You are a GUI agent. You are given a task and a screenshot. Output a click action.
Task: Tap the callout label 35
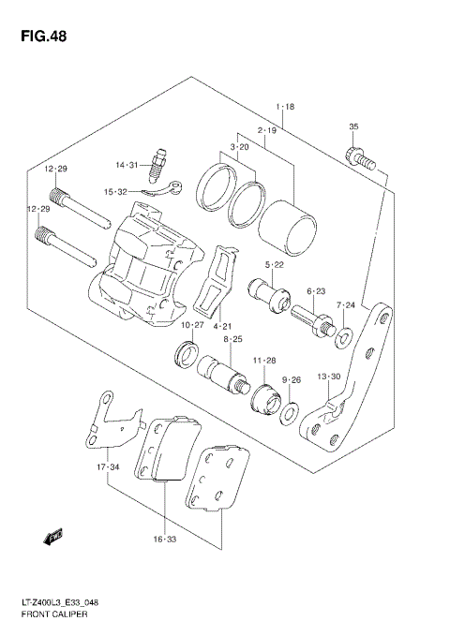pos(353,126)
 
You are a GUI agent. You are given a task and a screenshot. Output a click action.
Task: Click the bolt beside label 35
pos(361,159)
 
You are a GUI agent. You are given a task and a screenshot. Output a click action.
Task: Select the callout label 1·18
pos(285,108)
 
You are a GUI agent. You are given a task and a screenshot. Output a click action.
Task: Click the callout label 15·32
pos(127,191)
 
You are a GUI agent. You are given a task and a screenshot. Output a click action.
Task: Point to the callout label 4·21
pos(222,326)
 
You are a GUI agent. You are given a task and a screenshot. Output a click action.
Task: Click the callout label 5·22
pos(273,265)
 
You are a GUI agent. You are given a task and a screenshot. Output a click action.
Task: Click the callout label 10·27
pos(191,325)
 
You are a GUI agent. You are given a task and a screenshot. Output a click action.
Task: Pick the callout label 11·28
pos(263,360)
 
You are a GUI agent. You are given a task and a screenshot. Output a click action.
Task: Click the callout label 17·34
pos(108,466)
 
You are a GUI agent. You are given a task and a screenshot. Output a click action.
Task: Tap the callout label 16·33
pos(165,540)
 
